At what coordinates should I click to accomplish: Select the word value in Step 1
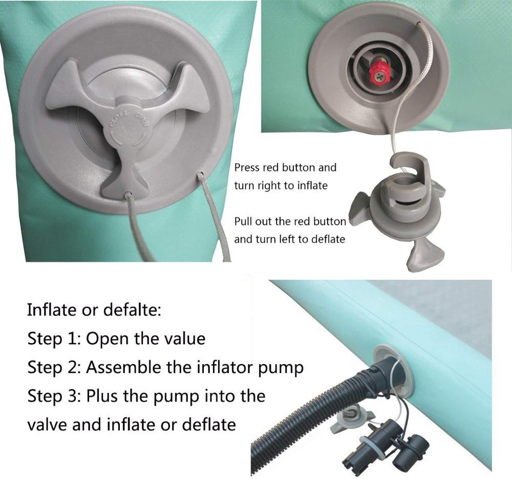tap(186, 339)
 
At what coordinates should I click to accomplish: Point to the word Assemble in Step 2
tap(124, 367)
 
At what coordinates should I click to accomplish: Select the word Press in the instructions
tap(246, 168)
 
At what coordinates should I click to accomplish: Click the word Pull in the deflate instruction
tap(243, 221)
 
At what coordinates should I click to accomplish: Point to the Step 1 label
tap(54, 339)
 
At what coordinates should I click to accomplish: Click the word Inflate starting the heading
tap(52, 310)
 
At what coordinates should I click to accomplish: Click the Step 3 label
tap(54, 397)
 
